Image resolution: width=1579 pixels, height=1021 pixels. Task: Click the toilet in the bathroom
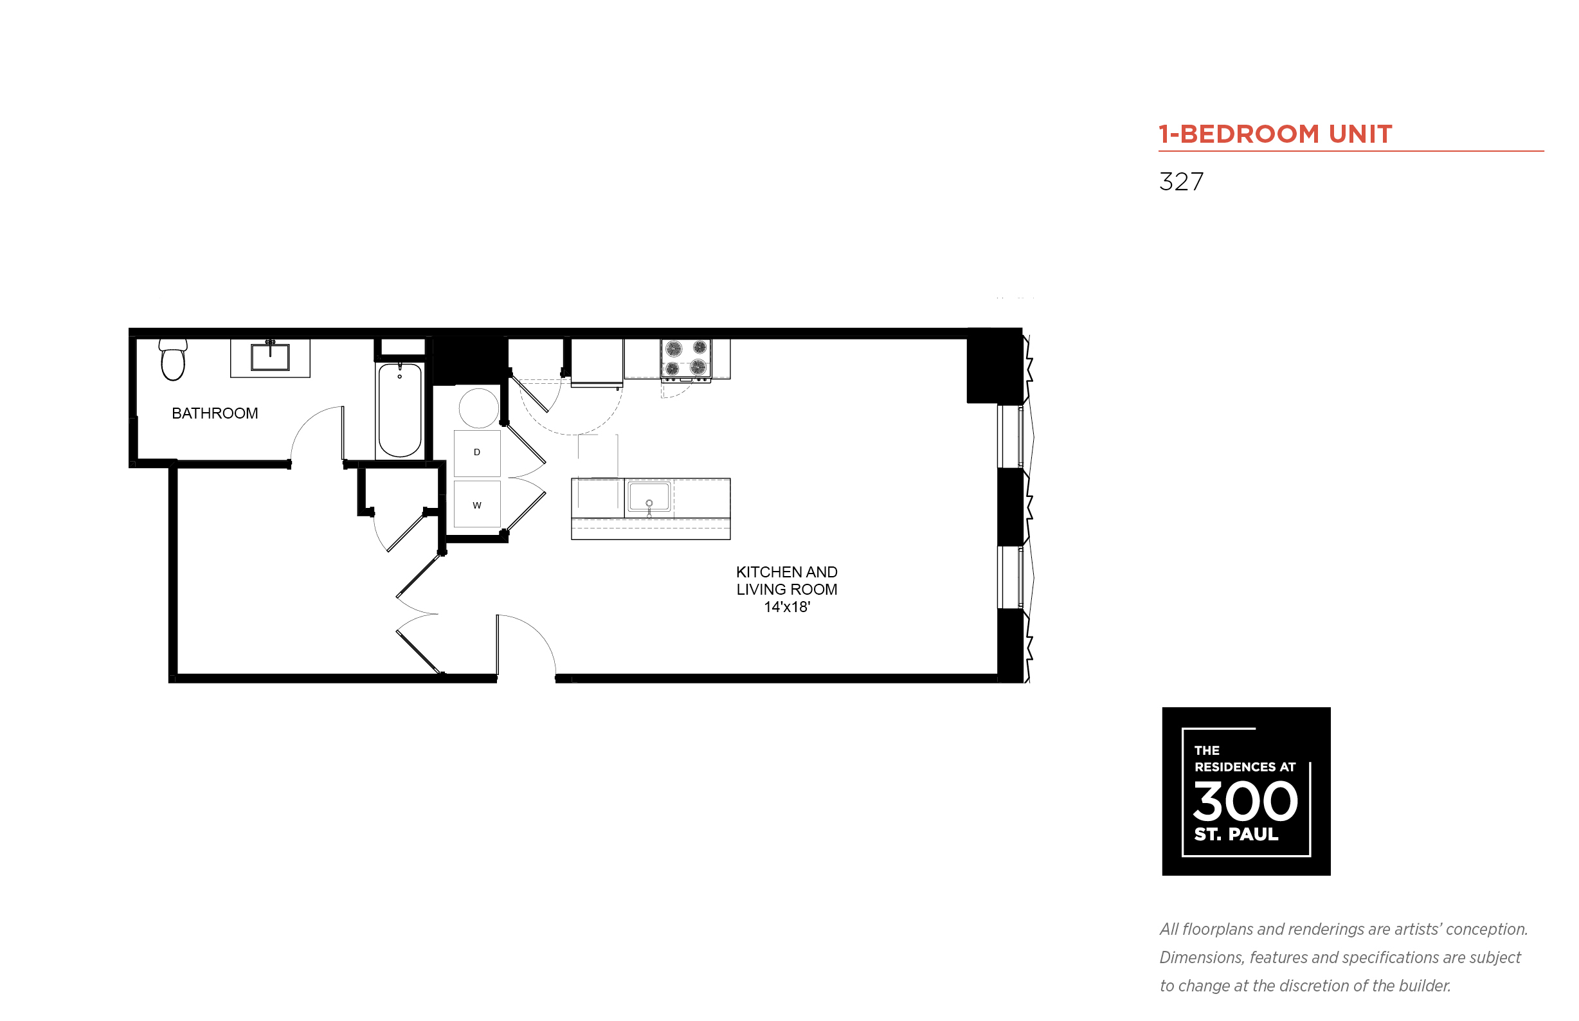(x=172, y=360)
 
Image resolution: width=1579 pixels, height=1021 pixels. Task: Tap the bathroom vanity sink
(x=270, y=357)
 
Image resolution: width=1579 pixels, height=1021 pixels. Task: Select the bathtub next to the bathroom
(x=400, y=410)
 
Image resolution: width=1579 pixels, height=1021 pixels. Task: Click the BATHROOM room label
(x=215, y=413)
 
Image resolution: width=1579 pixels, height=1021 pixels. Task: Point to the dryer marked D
(x=476, y=453)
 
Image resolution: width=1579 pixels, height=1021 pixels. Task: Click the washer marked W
(x=476, y=505)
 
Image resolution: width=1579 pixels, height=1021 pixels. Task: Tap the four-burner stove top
(x=685, y=359)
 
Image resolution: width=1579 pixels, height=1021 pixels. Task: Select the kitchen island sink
(x=649, y=496)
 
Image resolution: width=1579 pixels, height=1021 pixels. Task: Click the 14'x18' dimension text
(x=787, y=607)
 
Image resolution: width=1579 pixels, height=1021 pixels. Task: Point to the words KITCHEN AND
(x=787, y=572)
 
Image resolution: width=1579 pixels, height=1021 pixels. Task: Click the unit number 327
(x=1180, y=182)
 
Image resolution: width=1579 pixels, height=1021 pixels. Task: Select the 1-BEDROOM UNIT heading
(x=1275, y=134)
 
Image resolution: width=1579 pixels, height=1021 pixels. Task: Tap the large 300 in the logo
(x=1245, y=800)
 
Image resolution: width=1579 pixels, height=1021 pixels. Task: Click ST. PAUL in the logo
(x=1236, y=834)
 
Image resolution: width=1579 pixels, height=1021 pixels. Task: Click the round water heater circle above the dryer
(x=478, y=408)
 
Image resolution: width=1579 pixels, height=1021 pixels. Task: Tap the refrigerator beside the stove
(x=597, y=362)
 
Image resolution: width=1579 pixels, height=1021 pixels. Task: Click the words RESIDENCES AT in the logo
(x=1244, y=767)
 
